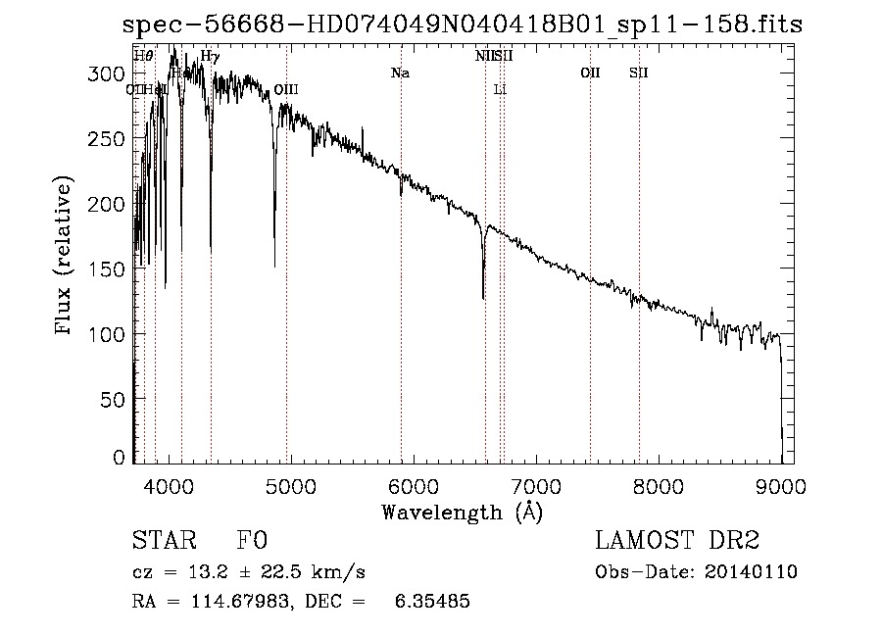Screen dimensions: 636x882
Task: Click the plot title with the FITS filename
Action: tap(462, 24)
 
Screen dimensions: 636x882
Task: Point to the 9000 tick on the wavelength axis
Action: tap(781, 486)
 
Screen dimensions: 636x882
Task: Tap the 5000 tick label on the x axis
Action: tap(290, 486)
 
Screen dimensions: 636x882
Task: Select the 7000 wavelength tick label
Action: tap(536, 486)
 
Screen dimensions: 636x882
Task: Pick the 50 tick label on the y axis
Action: tap(116, 399)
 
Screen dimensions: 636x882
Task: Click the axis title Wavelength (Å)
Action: tap(462, 512)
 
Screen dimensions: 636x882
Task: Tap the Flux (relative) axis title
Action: tap(65, 257)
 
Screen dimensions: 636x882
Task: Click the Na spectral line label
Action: tap(400, 73)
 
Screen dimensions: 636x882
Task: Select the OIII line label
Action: tap(286, 89)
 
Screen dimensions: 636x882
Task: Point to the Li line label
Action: tap(500, 89)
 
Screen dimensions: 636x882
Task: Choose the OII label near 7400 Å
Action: tap(590, 73)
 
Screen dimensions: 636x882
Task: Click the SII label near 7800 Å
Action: tap(639, 73)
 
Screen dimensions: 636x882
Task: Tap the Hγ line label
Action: tap(210, 57)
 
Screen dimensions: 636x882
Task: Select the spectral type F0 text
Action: tap(253, 541)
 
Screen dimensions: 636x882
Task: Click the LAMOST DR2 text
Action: tap(677, 541)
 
